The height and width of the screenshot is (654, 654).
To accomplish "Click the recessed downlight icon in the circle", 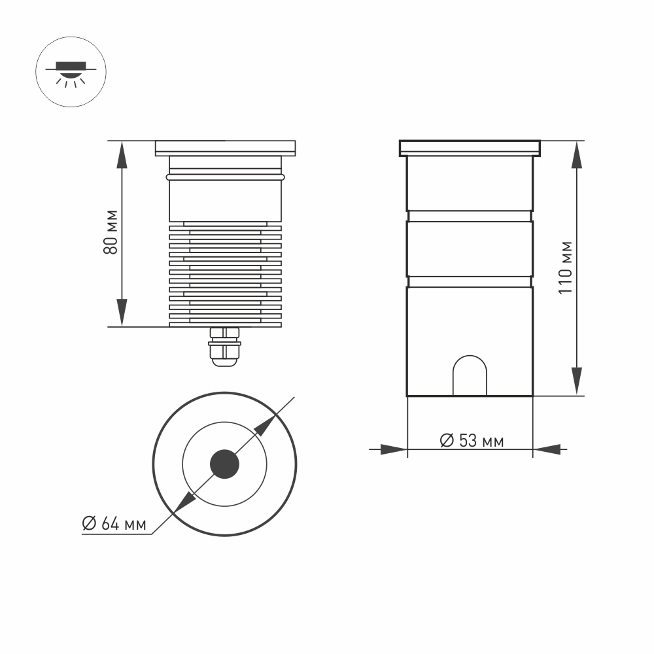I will [69, 71].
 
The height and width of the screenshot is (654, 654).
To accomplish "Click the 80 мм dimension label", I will [111, 232].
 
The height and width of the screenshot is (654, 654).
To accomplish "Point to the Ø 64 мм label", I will [114, 524].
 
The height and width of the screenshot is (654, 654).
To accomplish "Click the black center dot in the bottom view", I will [224, 464].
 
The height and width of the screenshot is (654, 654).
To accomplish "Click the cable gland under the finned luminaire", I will [224, 347].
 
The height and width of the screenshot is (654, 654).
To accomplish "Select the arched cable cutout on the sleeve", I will [470, 375].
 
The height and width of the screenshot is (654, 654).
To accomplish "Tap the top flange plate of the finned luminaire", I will [225, 148].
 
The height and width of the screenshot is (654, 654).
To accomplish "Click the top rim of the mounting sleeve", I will [470, 148].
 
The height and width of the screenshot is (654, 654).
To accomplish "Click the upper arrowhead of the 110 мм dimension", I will [576, 155].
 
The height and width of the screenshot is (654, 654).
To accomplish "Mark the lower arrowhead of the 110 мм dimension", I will [576, 381].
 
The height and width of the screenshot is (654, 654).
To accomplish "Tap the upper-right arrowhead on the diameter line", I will [264, 426].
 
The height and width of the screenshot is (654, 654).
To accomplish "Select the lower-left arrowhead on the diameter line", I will [184, 502].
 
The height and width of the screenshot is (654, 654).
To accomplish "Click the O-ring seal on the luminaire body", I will [225, 177].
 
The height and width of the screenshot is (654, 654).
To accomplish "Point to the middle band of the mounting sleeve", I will [470, 249].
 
